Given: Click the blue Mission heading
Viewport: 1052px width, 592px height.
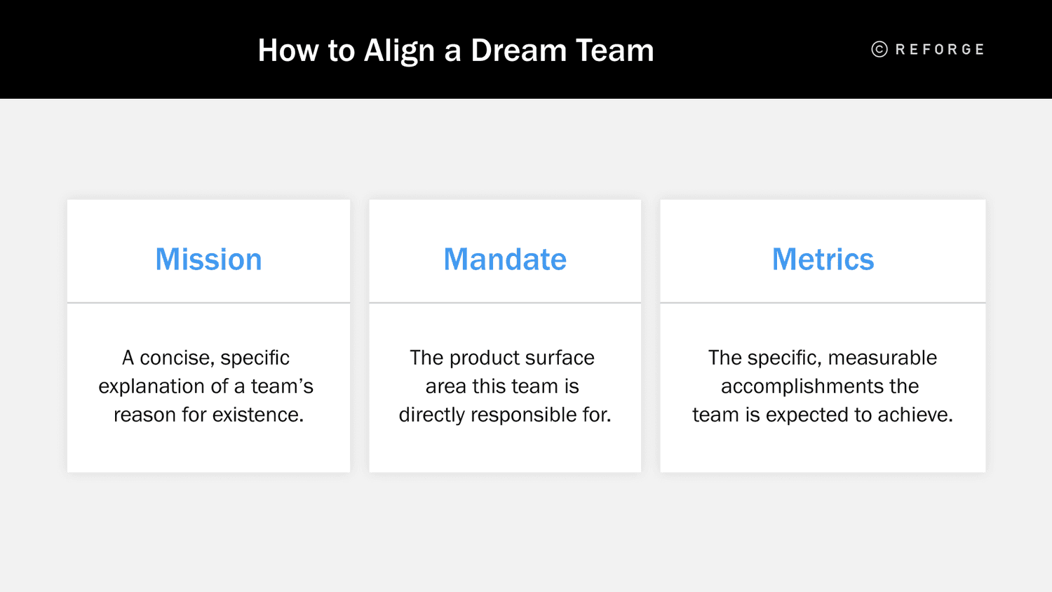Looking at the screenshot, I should click(208, 260).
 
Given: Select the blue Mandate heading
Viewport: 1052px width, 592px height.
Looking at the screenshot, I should click(505, 260).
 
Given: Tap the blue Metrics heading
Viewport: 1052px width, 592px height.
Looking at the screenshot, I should click(823, 260).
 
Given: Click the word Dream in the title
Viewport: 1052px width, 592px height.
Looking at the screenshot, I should click(518, 51).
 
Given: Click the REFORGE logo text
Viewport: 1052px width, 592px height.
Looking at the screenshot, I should click(940, 50).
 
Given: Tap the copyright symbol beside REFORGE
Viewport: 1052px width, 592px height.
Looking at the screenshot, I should click(879, 49).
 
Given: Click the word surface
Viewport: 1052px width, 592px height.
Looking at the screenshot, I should click(560, 358).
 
